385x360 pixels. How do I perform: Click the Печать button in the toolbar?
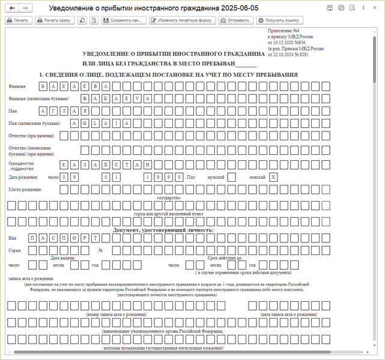pyautogui.click(x=18, y=20)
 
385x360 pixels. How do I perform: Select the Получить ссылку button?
pyautogui.click(x=277, y=20)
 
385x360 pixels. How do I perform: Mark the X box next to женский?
pyautogui.click(x=273, y=177)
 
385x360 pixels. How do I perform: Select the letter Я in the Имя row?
pyautogui.click(x=85, y=111)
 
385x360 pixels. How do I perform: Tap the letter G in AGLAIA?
pyautogui.click(x=85, y=123)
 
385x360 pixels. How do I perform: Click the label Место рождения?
pyautogui.click(x=25, y=190)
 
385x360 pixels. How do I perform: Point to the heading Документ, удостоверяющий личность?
pyautogui.click(x=163, y=230)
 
